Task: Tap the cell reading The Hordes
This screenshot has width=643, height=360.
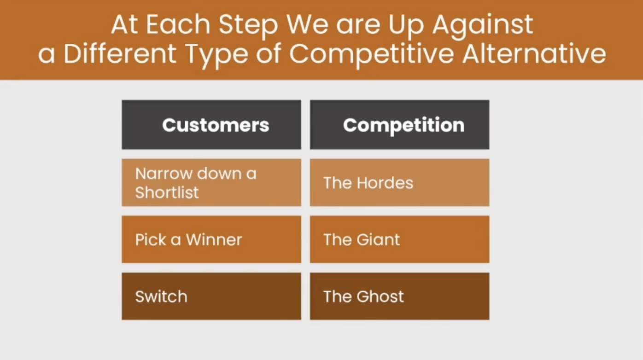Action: click(399, 183)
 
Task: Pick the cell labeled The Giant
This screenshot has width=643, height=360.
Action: click(399, 239)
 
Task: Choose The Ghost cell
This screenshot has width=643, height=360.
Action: click(399, 296)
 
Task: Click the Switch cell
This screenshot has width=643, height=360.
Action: click(211, 296)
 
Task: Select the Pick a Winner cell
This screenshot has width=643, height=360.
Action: click(211, 239)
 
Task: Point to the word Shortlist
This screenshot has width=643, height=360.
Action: click(167, 192)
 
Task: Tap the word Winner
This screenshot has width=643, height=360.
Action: click(214, 239)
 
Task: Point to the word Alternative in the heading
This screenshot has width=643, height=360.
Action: click(534, 54)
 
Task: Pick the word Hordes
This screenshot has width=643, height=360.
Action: click(385, 183)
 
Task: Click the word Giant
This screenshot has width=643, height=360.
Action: click(378, 239)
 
